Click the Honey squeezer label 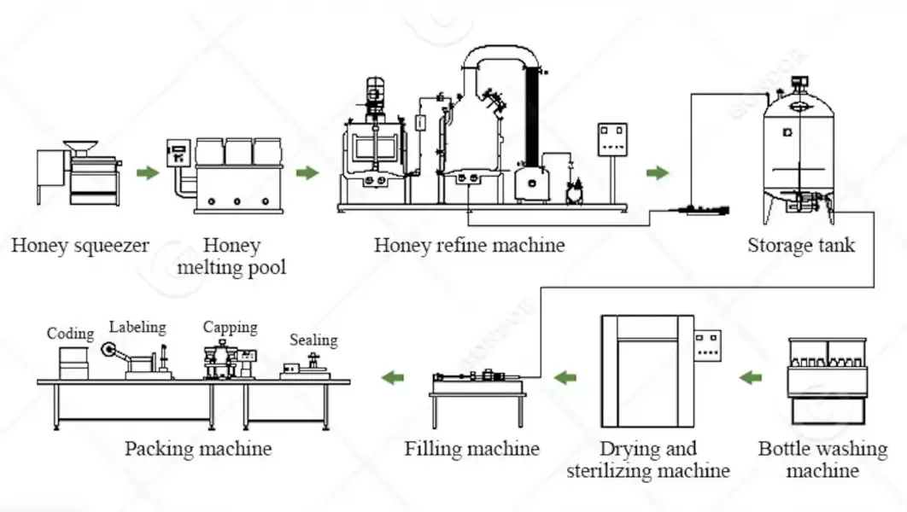(79, 246)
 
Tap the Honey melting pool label (231, 256)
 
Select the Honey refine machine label (469, 246)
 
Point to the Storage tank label (800, 246)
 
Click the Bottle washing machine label (822, 459)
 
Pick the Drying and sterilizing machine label (647, 459)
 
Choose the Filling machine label (471, 449)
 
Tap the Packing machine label (198, 449)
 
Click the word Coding (70, 334)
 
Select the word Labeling (138, 327)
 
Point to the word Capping (230, 327)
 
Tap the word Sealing (313, 340)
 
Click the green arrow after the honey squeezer (148, 173)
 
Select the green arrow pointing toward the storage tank (657, 173)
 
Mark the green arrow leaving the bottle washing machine (751, 377)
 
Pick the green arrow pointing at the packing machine (393, 377)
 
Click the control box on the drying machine (707, 344)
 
